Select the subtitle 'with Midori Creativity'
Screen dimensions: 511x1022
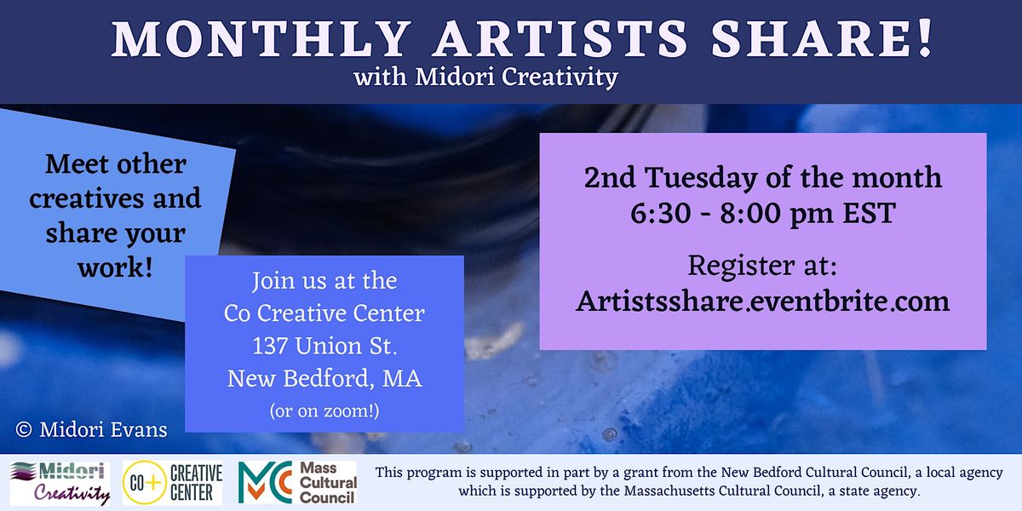(486, 78)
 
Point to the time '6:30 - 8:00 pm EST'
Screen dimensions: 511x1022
(762, 213)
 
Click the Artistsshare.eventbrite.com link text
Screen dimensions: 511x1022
(762, 301)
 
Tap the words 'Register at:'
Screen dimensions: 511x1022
(762, 266)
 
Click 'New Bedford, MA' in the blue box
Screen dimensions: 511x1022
(324, 378)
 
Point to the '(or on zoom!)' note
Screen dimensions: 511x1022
(324, 411)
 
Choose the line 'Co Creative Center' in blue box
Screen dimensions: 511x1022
(324, 313)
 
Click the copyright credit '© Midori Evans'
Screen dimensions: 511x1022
(91, 430)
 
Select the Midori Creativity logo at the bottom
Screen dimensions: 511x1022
(60, 483)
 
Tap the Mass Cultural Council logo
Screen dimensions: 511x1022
(297, 483)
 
